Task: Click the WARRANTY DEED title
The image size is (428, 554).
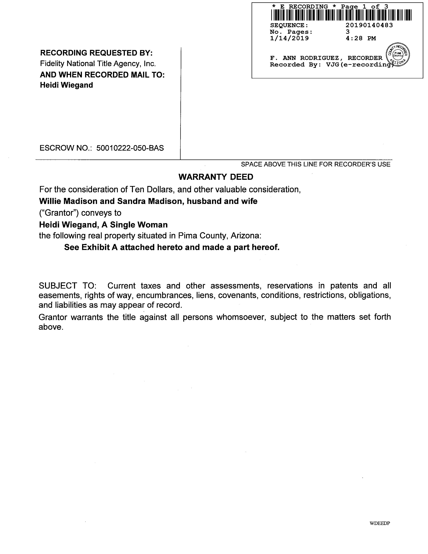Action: pos(216,177)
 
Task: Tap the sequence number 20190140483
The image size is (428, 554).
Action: pos(369,25)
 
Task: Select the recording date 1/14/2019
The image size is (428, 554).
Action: pos(289,38)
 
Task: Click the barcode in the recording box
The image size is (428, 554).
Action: pos(341,15)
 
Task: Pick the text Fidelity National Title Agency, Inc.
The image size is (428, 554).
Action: pos(98,63)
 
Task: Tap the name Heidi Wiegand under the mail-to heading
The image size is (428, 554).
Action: pos(66,85)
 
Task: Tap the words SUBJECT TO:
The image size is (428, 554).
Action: pos(67,286)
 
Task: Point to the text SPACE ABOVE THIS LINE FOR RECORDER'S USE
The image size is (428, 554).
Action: pos(315,164)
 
